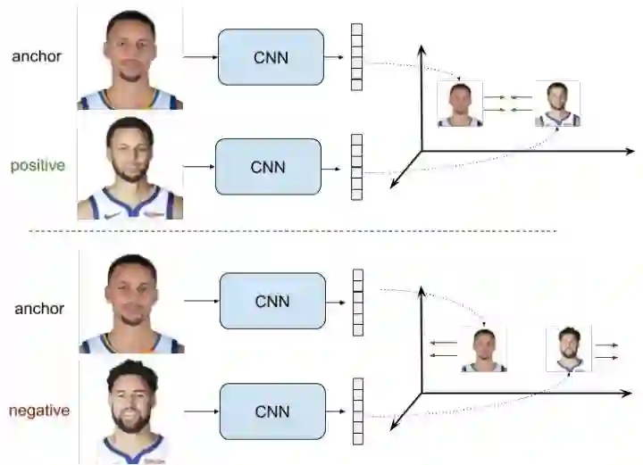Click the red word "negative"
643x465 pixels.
pyautogui.click(x=39, y=411)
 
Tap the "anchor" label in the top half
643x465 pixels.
pyautogui.click(x=38, y=57)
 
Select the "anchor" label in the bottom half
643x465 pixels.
pyautogui.click(x=39, y=309)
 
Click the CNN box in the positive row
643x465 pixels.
pyautogui.click(x=268, y=167)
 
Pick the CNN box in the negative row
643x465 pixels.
pyautogui.click(x=271, y=411)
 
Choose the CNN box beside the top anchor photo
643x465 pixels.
pyautogui.click(x=271, y=57)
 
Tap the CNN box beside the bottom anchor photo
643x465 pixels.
pyautogui.click(x=271, y=301)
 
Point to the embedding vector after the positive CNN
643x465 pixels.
pyautogui.click(x=357, y=167)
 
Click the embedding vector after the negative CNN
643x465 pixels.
pyautogui.click(x=358, y=411)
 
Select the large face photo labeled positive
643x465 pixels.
pyautogui.click(x=130, y=168)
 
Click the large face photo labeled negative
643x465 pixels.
pyautogui.click(x=132, y=411)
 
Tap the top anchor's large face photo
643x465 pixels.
pyautogui.click(x=130, y=58)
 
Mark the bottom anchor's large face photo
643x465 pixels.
pyautogui.click(x=132, y=303)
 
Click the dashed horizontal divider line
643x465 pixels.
pyautogui.click(x=295, y=231)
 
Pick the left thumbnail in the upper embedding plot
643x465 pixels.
pyautogui.click(x=460, y=104)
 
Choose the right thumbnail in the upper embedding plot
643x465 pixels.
pyautogui.click(x=557, y=104)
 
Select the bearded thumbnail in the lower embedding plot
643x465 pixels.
pyautogui.click(x=569, y=349)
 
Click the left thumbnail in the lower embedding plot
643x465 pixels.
pyautogui.click(x=483, y=349)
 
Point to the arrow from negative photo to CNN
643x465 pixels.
pyautogui.click(x=201, y=411)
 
